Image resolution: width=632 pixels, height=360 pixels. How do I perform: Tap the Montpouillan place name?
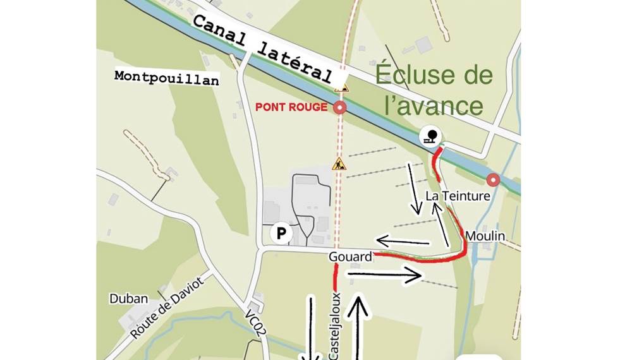coord(167,78)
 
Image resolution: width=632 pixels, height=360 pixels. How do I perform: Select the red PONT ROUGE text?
coord(291,107)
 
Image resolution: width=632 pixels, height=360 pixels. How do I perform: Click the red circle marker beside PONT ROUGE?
coord(341,107)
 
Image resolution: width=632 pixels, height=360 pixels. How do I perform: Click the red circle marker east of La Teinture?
coord(494,181)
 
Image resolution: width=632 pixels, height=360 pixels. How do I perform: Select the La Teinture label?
coord(458,196)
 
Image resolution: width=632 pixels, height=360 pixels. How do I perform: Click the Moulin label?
coord(485,236)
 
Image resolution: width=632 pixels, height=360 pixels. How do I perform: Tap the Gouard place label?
coord(350,257)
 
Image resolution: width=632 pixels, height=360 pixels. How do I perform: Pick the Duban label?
coord(128,299)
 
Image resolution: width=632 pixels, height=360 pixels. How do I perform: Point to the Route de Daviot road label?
coord(169,308)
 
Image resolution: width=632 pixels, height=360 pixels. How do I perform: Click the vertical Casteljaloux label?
coord(336,325)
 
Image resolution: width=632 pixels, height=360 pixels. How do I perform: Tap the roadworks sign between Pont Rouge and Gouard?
coord(339,165)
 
